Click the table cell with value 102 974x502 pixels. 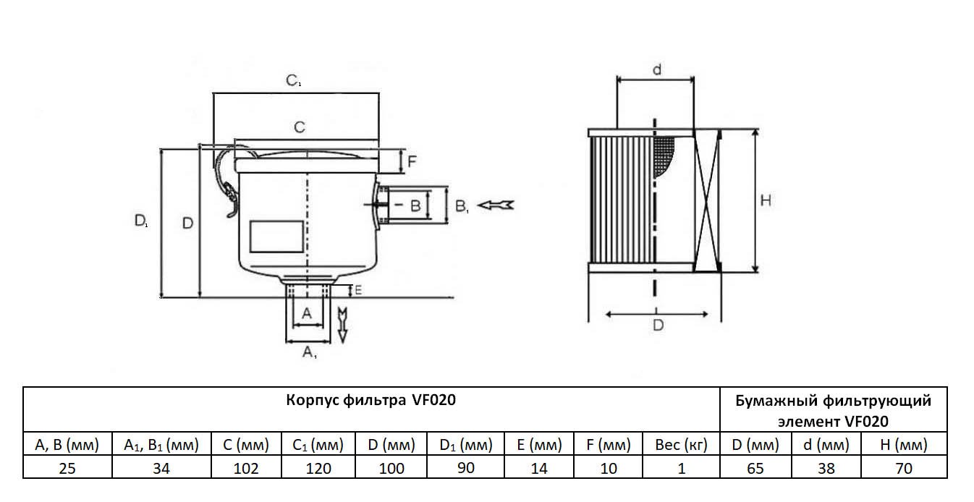(x=246, y=468)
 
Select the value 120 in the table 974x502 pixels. (x=318, y=468)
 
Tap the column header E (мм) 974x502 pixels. (x=539, y=444)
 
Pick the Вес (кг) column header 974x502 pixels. (x=681, y=444)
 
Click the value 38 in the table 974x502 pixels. (x=826, y=468)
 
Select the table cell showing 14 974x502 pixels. (x=539, y=468)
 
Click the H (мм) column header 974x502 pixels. (x=903, y=444)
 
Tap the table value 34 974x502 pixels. (x=161, y=468)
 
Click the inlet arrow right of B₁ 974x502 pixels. (x=499, y=205)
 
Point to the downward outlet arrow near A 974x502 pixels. (x=343, y=323)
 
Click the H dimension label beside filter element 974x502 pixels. (x=766, y=200)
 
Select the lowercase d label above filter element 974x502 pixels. (x=656, y=69)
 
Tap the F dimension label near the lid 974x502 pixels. (x=411, y=161)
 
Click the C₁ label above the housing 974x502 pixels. (x=293, y=81)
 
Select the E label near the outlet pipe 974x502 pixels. (x=357, y=290)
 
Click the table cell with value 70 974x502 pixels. (x=903, y=468)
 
